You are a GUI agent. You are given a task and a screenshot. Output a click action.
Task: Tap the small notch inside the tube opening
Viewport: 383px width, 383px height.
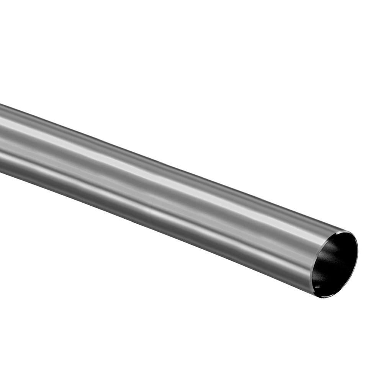316,285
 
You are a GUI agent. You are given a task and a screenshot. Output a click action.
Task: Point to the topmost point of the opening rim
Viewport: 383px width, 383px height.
347,231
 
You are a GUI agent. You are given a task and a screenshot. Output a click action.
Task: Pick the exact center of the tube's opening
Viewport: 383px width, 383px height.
334,264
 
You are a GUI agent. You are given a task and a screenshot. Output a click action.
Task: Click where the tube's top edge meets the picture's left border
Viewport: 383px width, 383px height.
0,104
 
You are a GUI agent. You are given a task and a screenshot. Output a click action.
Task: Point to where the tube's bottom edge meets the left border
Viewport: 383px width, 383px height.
0,172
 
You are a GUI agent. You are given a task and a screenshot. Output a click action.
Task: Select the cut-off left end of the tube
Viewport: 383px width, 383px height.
2,138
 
